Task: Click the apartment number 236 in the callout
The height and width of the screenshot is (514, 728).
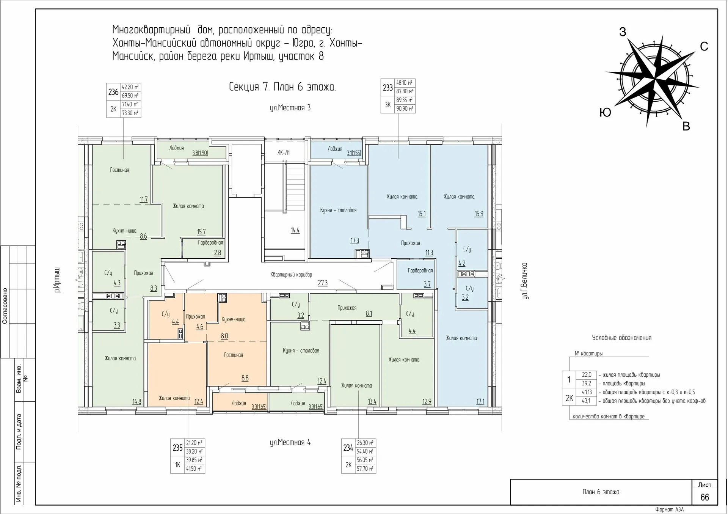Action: pyautogui.click(x=113, y=92)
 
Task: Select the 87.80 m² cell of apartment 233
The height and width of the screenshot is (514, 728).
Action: pyautogui.click(x=405, y=91)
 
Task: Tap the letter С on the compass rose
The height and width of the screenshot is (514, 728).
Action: pyautogui.click(x=704, y=46)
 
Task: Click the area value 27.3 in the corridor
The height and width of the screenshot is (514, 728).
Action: pyautogui.click(x=322, y=283)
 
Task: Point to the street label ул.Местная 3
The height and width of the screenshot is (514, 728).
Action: pyautogui.click(x=290, y=108)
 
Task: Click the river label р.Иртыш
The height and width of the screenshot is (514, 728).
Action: pyautogui.click(x=57, y=280)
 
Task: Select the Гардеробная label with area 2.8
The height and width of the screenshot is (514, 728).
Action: pyautogui.click(x=210, y=242)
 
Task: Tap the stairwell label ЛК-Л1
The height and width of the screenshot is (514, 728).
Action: pyautogui.click(x=283, y=152)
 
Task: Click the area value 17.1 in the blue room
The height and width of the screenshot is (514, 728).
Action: pyautogui.click(x=480, y=401)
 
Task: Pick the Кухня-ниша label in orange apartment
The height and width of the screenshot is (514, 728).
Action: pyautogui.click(x=233, y=319)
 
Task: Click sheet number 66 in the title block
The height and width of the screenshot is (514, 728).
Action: pyautogui.click(x=704, y=497)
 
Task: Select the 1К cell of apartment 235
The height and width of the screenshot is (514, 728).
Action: pyautogui.click(x=177, y=465)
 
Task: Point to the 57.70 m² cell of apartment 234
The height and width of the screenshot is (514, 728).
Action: pyautogui.click(x=365, y=469)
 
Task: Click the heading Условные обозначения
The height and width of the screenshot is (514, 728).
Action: pyautogui.click(x=621, y=338)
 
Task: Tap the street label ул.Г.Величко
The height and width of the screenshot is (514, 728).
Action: pyautogui.click(x=525, y=281)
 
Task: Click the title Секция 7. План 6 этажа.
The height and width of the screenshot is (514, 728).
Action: pyautogui.click(x=282, y=87)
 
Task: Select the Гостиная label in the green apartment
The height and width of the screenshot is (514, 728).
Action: pyautogui.click(x=119, y=170)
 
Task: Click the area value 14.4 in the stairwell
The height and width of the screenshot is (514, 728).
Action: pyautogui.click(x=295, y=230)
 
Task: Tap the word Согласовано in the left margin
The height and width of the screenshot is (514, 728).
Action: pyautogui.click(x=5, y=306)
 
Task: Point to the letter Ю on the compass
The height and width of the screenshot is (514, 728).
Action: pyautogui.click(x=605, y=112)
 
